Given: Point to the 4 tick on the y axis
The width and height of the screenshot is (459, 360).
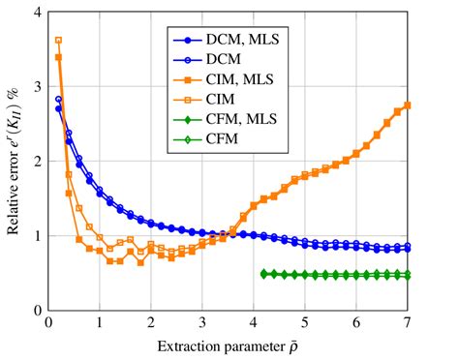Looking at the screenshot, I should point(36,14).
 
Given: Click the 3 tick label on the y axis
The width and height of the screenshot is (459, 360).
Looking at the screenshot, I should point(36,88).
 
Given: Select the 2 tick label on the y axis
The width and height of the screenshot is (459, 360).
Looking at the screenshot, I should point(36,163).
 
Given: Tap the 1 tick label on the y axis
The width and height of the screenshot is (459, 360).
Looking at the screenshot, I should point(36,237).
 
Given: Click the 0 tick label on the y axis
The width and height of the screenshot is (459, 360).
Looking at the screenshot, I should point(36,312).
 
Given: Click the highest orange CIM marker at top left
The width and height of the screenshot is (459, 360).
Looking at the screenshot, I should point(58,41).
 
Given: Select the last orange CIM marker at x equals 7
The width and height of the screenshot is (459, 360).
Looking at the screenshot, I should point(408,105).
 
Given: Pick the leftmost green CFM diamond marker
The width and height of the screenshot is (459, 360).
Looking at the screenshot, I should point(264,274).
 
